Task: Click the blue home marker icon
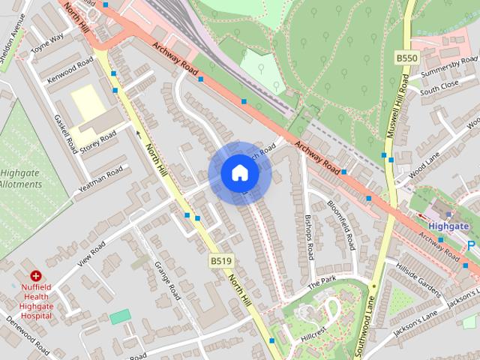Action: click(x=240, y=173)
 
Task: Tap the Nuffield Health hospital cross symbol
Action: click(x=35, y=277)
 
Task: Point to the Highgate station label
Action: click(x=448, y=225)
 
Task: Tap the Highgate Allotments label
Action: click(x=20, y=178)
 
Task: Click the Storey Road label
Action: click(x=98, y=140)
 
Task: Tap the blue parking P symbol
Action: click(x=471, y=245)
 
